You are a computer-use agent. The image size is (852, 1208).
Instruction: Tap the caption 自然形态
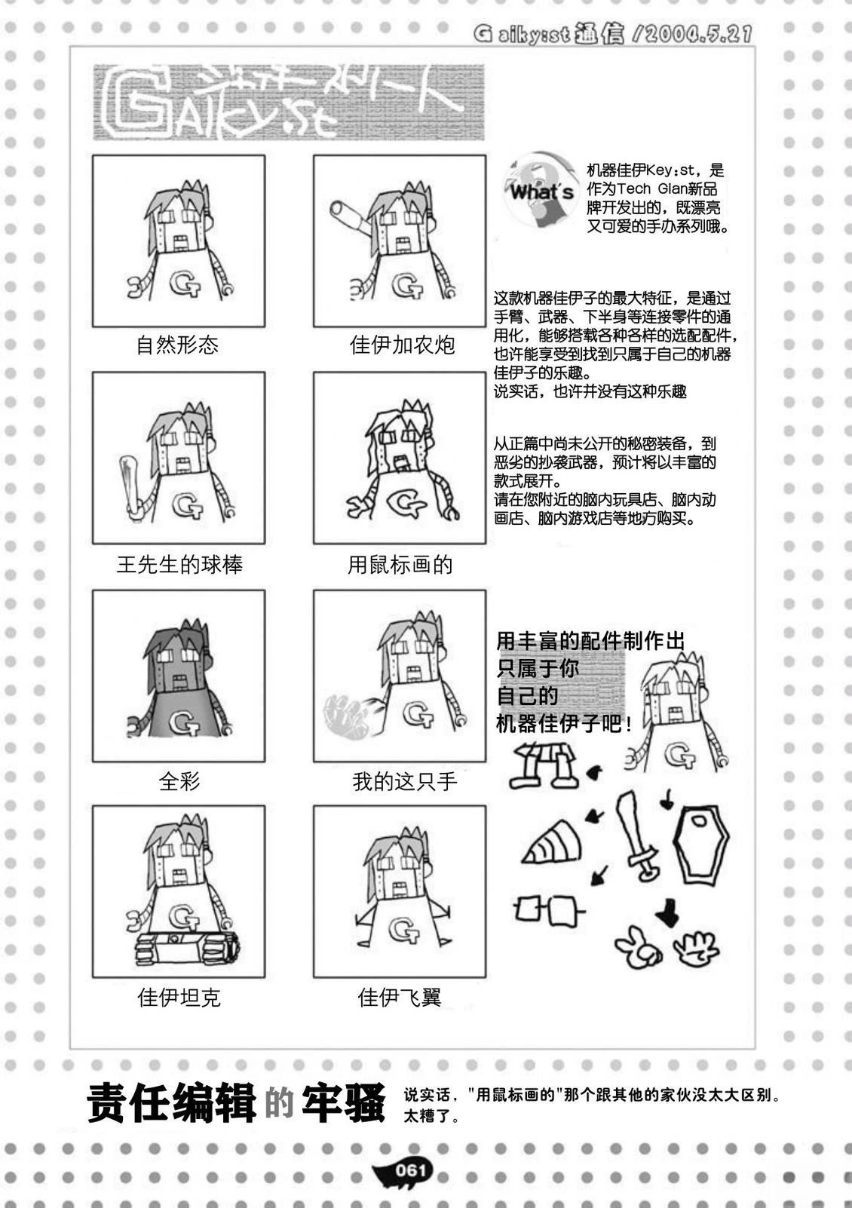click(177, 345)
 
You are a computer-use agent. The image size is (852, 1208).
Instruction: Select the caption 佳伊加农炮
click(403, 345)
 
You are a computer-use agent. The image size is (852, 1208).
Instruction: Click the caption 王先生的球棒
click(179, 564)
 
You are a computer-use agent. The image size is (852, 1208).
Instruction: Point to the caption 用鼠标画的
click(400, 564)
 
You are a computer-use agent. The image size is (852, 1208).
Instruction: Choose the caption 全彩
click(179, 781)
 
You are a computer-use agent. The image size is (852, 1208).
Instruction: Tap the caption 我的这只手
click(404, 781)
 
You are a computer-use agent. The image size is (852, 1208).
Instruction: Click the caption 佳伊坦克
click(179, 998)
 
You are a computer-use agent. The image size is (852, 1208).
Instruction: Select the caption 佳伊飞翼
click(400, 998)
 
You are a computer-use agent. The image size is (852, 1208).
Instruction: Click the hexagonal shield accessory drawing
click(704, 845)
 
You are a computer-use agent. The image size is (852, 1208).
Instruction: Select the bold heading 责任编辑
click(172, 1105)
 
